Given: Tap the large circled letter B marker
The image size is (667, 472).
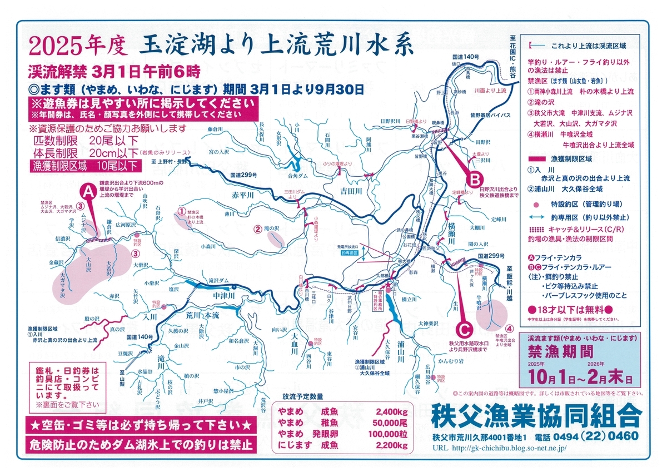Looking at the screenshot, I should click(475, 179).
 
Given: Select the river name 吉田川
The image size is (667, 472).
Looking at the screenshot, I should click(351, 191).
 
